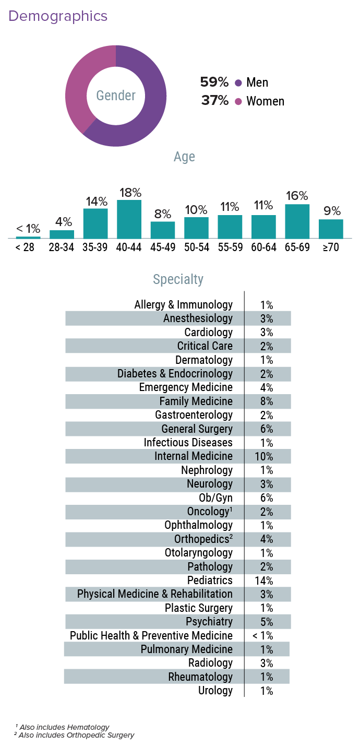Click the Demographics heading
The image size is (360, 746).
coord(58,16)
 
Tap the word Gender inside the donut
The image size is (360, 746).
coord(116,96)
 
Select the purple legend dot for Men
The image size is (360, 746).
coord(238,82)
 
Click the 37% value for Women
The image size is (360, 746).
coord(215,101)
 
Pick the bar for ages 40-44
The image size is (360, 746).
coord(129,219)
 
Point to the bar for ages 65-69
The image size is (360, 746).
coord(297,221)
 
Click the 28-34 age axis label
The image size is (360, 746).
coord(62,247)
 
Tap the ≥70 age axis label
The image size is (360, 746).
coord(331,247)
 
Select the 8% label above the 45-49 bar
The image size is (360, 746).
coord(163,214)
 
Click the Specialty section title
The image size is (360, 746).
coord(178,279)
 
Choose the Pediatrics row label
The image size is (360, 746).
coord(210,581)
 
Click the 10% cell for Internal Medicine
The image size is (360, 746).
coord(267,457)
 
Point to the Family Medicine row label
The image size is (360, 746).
coord(196,401)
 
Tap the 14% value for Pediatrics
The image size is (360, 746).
coord(267,581)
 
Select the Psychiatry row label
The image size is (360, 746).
coord(209,622)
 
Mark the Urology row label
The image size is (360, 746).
coord(215,691)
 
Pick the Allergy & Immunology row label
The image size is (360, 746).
coord(183,305)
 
